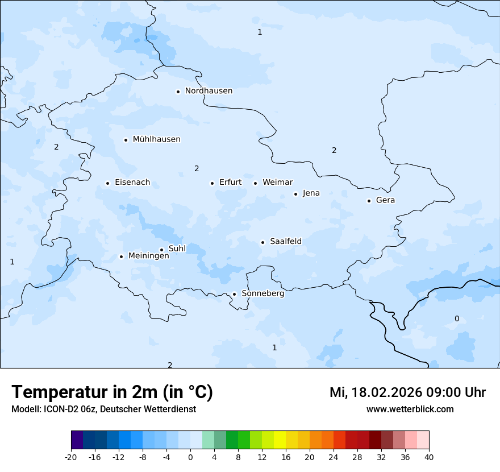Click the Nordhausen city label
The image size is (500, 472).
point(209,91)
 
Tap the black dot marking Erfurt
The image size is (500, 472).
point(212,183)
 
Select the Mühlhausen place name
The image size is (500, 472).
point(156,139)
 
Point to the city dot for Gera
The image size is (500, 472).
point(369,201)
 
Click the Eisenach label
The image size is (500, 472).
point(132,183)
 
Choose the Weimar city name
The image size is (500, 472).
point(277,183)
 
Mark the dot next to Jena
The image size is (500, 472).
point(295,194)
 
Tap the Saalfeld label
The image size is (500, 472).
point(286,242)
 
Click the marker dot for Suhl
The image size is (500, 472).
point(161,250)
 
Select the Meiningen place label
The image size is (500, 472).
point(148,256)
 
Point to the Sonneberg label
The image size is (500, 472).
point(262,294)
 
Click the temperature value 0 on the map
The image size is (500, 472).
point(457,319)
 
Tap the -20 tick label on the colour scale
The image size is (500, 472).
point(71,457)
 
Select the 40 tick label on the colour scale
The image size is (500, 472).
point(428,457)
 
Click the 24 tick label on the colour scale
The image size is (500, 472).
point(334,457)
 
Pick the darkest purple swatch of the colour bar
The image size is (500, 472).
point(77,440)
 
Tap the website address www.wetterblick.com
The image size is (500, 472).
point(410,409)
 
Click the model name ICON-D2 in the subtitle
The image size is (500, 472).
point(60,409)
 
